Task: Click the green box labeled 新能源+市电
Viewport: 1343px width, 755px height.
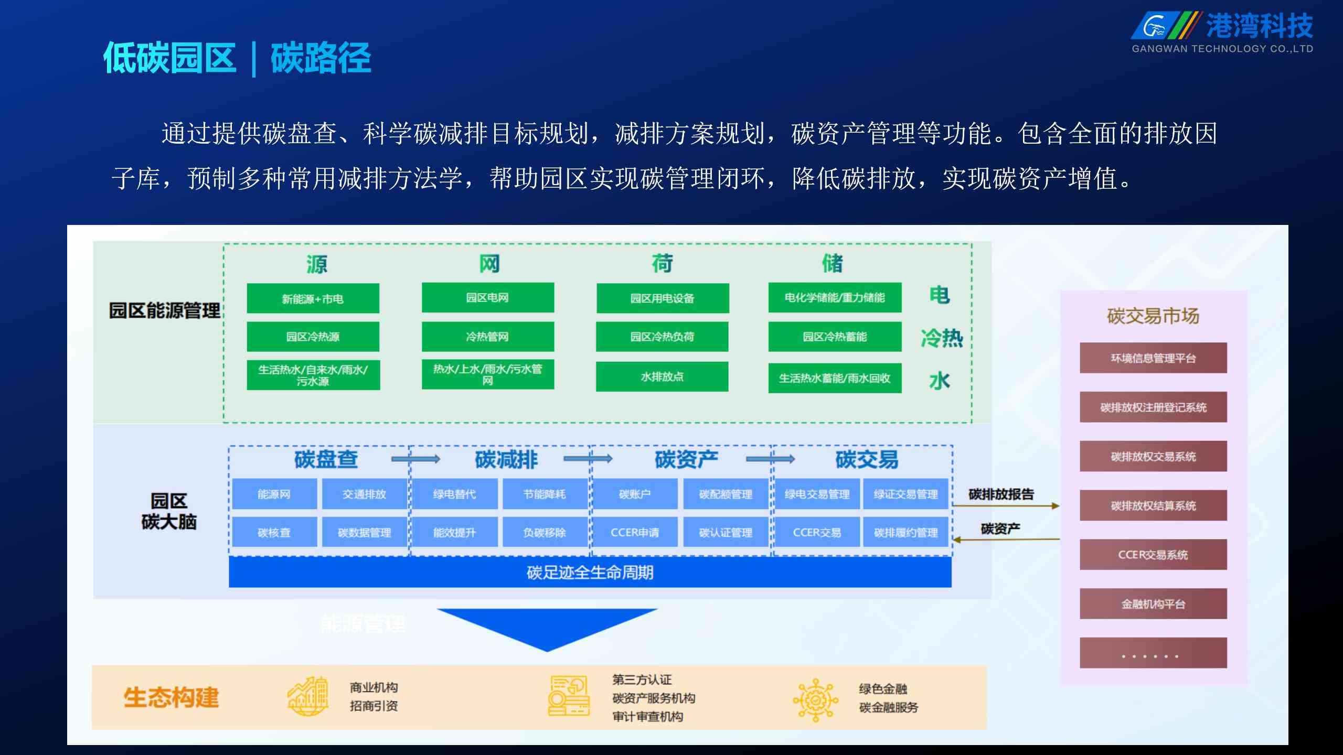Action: click(313, 298)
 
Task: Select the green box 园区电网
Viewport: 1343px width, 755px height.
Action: click(487, 297)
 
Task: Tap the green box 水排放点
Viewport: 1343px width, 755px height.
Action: click(662, 376)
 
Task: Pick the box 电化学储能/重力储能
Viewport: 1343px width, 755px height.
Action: click(835, 297)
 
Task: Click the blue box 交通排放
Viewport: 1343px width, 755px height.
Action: click(364, 494)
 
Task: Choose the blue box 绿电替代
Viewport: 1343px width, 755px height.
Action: click(454, 494)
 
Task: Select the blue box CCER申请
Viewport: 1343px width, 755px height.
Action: click(634, 532)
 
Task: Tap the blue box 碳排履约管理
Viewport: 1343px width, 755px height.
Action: click(905, 532)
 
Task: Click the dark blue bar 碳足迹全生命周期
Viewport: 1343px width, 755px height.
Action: click(590, 572)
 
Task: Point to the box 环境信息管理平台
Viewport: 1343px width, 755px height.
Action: click(1153, 358)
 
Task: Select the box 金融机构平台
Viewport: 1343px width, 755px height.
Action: click(1153, 604)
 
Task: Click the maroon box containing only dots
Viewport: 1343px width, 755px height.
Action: click(1153, 653)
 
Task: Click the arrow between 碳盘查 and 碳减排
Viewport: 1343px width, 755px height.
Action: click(416, 459)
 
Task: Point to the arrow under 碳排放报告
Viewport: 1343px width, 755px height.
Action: click(1006, 506)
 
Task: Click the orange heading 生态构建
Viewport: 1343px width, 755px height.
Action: click(171, 697)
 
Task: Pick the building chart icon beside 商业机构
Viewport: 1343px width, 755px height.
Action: click(308, 696)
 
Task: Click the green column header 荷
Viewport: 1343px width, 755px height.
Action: click(662, 263)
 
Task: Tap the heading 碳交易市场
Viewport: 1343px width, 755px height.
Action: click(1153, 316)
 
